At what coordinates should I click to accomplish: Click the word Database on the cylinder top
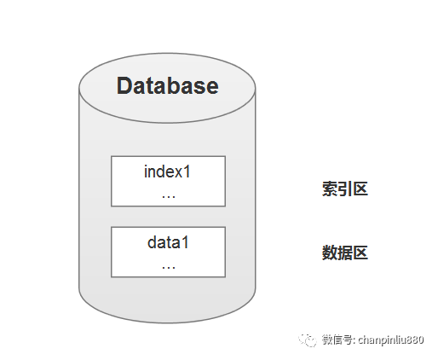168,85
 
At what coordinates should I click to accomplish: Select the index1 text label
167,171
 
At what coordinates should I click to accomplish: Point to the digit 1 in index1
187,171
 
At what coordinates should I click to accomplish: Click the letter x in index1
179,173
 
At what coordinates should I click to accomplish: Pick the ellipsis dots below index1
169,196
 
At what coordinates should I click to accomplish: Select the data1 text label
168,242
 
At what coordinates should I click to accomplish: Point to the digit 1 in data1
185,243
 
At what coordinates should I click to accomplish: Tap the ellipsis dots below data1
169,267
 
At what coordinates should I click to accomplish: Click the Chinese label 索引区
345,189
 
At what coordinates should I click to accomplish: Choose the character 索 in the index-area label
330,189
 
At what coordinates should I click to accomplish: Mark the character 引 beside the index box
344,189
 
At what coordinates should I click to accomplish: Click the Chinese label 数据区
345,253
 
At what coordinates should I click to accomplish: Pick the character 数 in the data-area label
330,253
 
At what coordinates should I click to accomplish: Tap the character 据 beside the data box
344,253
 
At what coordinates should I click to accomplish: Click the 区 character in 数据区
360,253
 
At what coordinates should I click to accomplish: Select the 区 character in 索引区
360,189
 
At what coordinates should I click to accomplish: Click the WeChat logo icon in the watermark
308,340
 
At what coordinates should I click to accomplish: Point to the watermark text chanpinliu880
391,340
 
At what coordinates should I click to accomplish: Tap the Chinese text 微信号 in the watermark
337,340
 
